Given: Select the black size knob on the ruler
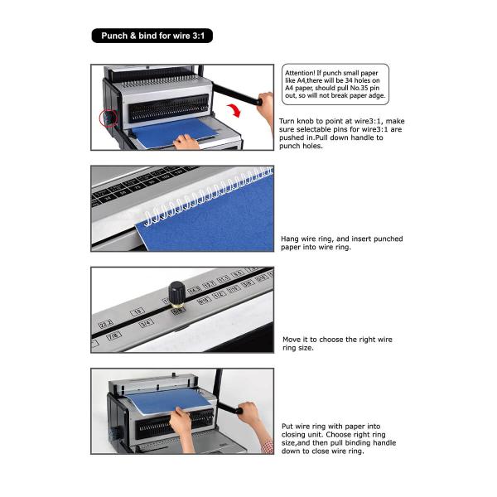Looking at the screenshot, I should click(176, 294).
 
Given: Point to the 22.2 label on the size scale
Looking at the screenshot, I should click(106, 323).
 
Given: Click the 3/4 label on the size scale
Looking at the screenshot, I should click(147, 322).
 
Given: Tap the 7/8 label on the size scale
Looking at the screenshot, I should click(113, 335).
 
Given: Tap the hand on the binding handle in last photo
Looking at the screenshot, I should click(248, 414).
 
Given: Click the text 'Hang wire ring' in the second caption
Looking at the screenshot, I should click(310, 239).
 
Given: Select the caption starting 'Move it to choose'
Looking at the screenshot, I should click(337, 343).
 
